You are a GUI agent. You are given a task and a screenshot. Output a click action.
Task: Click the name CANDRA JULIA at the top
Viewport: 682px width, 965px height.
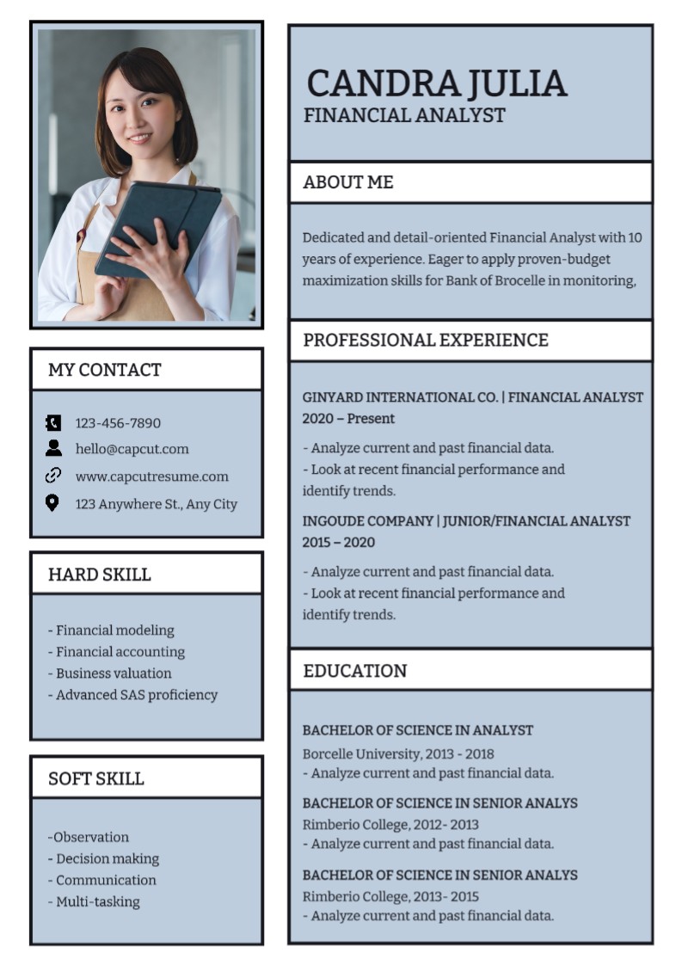coord(436,83)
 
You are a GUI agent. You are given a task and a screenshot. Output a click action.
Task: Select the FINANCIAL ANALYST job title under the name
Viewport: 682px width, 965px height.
coord(404,116)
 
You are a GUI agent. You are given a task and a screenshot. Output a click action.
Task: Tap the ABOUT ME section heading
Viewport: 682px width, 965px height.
coord(348,182)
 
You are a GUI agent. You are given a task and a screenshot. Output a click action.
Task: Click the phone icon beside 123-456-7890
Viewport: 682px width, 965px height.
coord(53,422)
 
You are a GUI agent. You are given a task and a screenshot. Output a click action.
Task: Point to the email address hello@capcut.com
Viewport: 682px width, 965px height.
coord(132,449)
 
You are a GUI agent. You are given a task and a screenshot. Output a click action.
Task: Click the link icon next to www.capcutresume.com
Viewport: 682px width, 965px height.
coord(53,476)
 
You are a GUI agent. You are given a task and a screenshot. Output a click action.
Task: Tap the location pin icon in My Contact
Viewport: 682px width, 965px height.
coord(52,503)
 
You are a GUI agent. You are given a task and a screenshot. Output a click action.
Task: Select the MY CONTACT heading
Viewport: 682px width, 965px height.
coord(104,370)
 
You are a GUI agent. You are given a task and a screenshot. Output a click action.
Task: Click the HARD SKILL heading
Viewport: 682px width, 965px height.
coord(99,575)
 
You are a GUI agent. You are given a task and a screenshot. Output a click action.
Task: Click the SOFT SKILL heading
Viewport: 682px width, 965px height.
coord(95,779)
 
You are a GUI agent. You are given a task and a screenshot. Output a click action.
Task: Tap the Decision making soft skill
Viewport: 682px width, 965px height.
coord(104,858)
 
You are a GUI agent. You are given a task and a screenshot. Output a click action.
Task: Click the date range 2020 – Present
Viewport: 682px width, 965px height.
coord(348,419)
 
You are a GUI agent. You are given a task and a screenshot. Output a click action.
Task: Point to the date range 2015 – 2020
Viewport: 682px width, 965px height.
coord(338,543)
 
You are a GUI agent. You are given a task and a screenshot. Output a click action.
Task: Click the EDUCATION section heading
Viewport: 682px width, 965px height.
coord(355,671)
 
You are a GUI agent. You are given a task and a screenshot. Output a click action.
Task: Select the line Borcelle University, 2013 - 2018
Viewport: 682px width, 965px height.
coord(398,754)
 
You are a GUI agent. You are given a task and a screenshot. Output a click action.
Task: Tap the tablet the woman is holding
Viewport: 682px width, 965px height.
coord(159,227)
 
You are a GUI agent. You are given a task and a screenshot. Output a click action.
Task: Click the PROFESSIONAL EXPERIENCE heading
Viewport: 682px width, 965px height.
coord(426,340)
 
